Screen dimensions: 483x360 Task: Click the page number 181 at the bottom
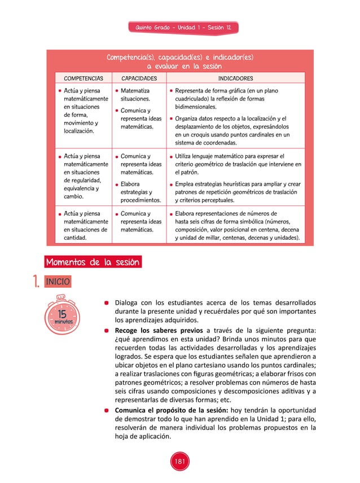179,462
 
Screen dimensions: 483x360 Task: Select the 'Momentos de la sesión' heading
93,262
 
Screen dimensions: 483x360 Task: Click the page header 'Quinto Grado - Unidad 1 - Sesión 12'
179,28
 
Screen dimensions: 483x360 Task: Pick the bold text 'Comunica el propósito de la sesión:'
171,410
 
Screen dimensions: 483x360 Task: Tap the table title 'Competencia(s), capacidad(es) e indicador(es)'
179,58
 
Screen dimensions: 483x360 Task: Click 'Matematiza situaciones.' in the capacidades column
135,94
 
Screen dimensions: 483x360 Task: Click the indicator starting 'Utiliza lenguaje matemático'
238,164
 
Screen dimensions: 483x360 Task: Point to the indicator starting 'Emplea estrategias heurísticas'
238,192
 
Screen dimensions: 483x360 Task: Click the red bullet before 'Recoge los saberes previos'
106,331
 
